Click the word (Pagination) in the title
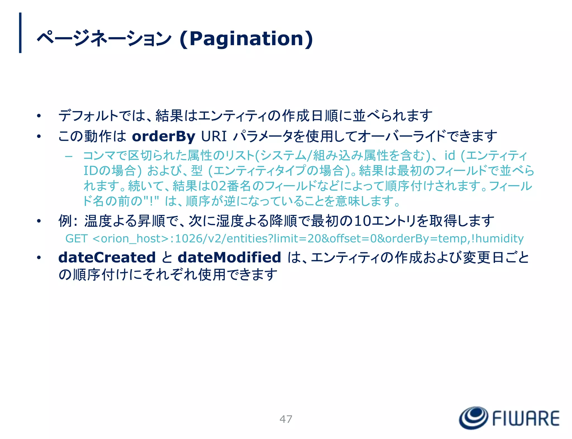pos(246,39)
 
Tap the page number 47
pos(286,419)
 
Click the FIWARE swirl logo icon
pos(473,418)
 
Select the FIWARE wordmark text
pos(526,418)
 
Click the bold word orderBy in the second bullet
pos(163,136)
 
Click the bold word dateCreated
pos(107,257)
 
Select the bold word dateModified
pos(229,257)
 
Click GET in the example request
pos(76,239)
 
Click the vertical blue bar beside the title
pos(20,33)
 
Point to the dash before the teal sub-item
pos(68,156)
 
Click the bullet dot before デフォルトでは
pos(39,116)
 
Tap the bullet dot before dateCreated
pos(39,258)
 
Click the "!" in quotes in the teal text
pos(151,200)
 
